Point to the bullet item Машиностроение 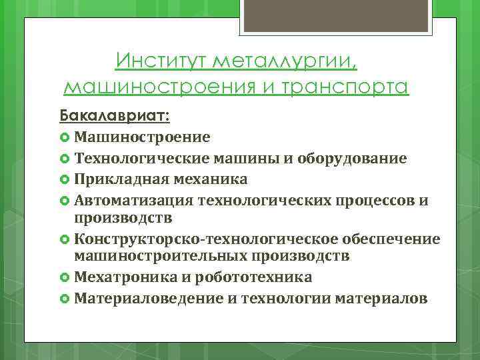(142, 137)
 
